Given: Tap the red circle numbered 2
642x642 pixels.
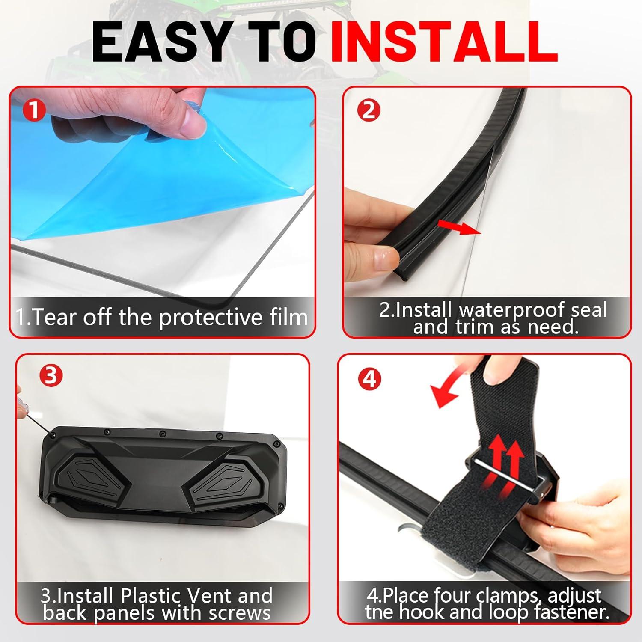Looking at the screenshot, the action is pos(369,111).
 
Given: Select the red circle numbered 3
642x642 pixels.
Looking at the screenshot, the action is pos(51,376).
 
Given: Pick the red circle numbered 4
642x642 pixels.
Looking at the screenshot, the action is pos(369,379).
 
